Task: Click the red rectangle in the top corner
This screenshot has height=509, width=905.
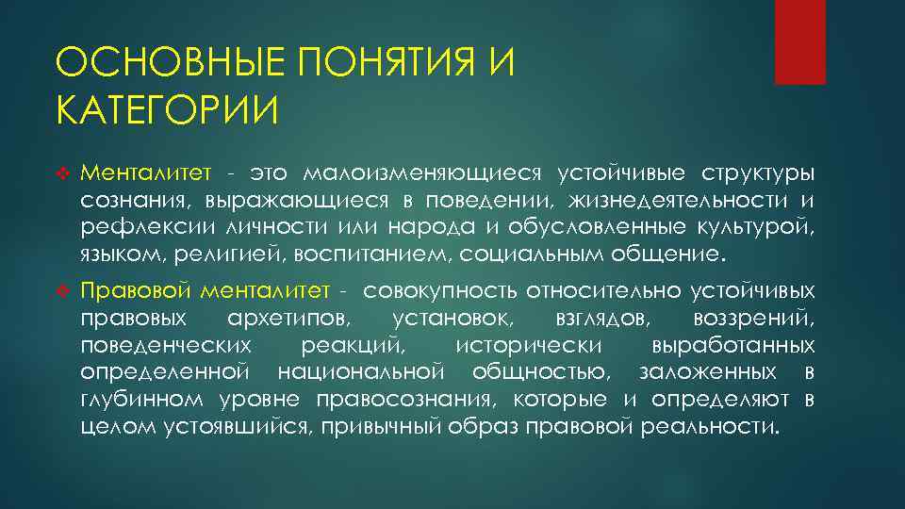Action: point(799,41)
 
